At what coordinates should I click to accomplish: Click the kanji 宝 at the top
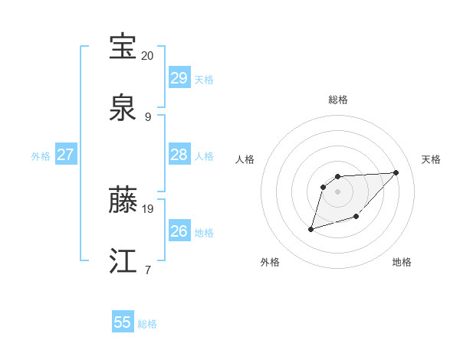tap(123, 47)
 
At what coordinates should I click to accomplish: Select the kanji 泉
tap(123, 107)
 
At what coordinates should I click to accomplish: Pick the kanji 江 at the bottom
tap(123, 260)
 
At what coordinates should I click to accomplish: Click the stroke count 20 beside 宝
tap(147, 56)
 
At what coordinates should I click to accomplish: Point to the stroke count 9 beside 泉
tap(147, 116)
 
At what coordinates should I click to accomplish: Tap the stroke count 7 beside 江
tap(147, 270)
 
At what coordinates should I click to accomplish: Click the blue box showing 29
tap(179, 78)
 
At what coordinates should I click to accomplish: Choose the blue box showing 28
tap(179, 155)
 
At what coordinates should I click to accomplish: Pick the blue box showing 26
tap(179, 231)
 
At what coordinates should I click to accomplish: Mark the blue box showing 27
tap(66, 155)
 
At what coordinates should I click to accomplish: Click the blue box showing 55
tap(123, 322)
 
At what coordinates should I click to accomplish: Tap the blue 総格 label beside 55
tap(147, 324)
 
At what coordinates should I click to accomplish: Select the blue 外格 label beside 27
tap(41, 156)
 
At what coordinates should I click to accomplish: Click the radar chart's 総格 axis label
tap(338, 100)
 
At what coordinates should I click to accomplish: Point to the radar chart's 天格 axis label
tap(431, 159)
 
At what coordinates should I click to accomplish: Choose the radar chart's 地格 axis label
tap(402, 262)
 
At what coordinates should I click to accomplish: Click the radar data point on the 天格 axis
tap(396, 172)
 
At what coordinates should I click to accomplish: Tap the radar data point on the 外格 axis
tap(310, 229)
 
